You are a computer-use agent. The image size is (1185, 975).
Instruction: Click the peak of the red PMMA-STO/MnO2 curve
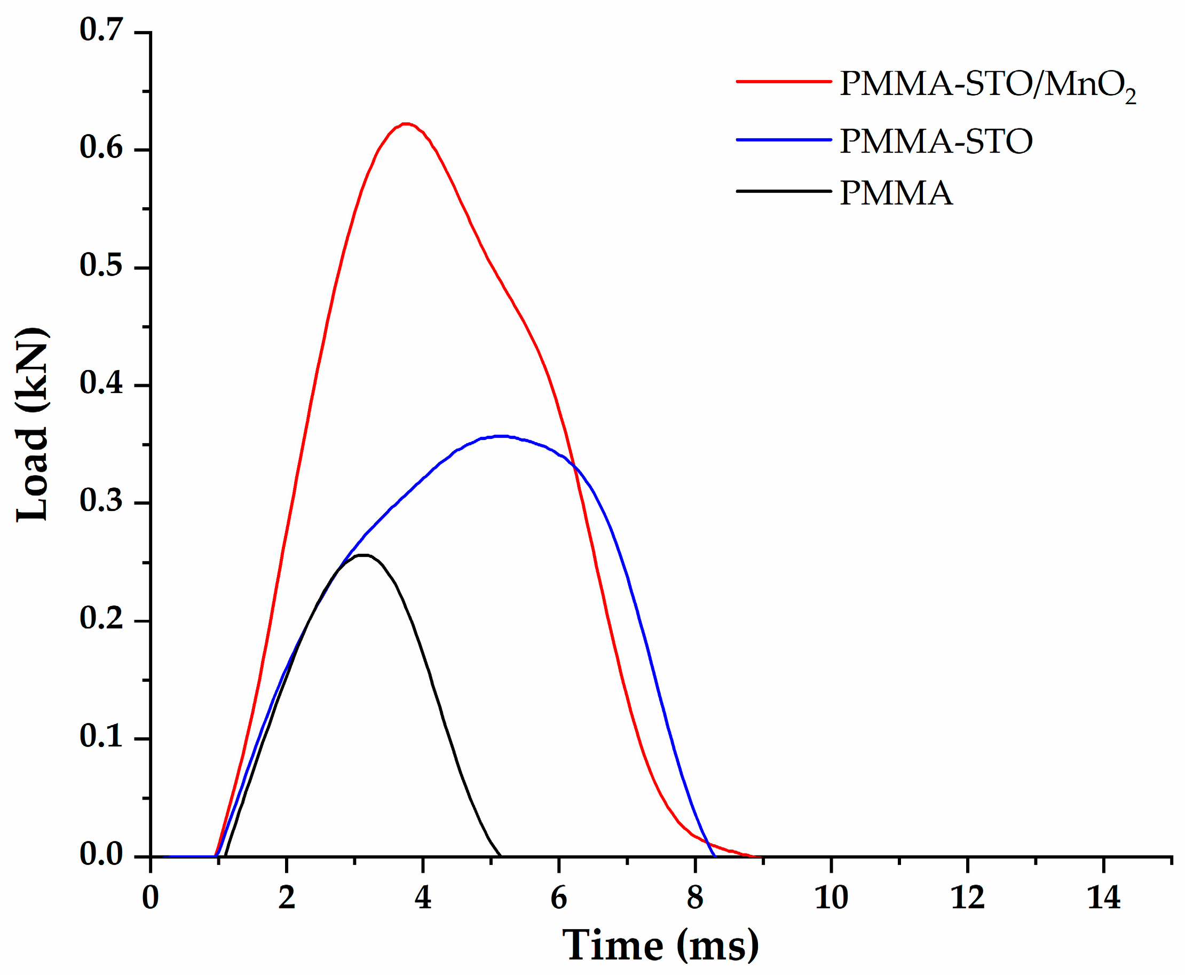(x=406, y=123)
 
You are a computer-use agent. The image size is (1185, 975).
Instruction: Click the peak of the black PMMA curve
(x=364, y=555)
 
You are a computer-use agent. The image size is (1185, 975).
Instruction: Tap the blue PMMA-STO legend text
(x=936, y=141)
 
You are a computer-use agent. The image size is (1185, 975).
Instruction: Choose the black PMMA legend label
(x=896, y=193)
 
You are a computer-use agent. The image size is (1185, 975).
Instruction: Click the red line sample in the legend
(x=784, y=82)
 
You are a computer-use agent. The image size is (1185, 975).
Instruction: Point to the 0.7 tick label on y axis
(x=101, y=29)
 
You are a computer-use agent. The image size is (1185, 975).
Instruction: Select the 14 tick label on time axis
(x=1104, y=897)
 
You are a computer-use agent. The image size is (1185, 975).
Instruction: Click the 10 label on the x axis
(x=831, y=897)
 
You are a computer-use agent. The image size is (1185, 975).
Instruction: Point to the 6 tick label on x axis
(x=558, y=897)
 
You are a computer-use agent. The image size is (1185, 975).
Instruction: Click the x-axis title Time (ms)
(x=661, y=946)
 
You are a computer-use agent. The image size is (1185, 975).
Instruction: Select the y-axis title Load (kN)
(x=33, y=424)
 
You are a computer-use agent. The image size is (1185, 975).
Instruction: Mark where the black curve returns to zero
(x=500, y=856)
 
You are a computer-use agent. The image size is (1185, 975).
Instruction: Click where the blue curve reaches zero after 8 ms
(x=714, y=856)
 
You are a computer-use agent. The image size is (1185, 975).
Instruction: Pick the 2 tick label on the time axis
(x=286, y=897)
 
